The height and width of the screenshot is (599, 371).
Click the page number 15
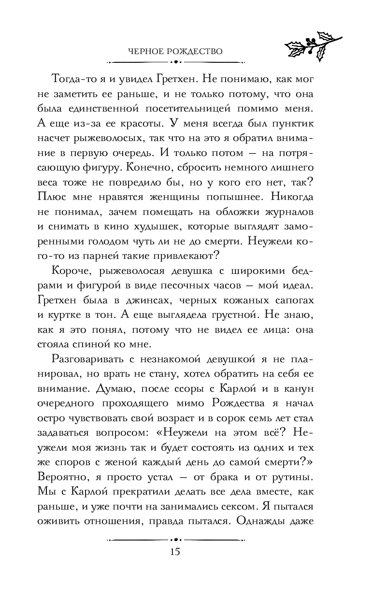(x=175, y=552)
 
